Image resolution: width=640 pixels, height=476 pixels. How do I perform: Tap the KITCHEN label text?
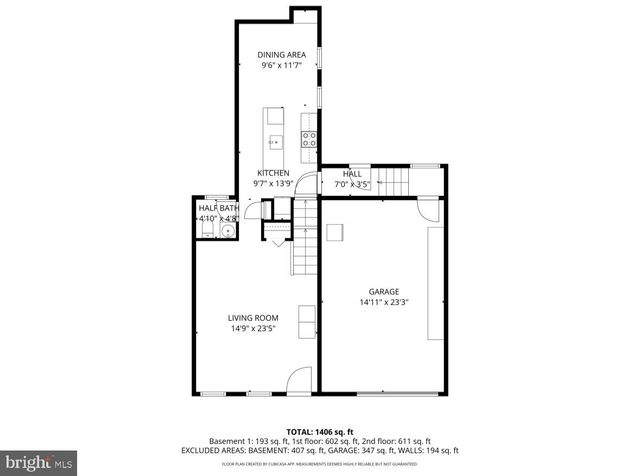click(272, 172)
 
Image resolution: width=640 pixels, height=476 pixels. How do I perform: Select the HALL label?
click(352, 173)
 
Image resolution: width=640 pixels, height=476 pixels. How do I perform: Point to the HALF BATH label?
click(216, 207)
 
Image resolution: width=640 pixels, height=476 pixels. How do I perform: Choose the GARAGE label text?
click(383, 291)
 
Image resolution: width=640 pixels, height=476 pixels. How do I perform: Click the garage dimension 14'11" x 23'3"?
click(383, 302)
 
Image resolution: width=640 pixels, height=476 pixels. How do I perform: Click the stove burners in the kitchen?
click(310, 139)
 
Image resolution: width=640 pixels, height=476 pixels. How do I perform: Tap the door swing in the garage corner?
click(429, 210)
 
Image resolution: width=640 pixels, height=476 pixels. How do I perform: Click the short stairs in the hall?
click(398, 183)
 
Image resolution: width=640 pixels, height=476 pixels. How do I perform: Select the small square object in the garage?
click(334, 232)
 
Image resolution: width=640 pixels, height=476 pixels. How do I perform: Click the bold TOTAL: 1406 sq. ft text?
click(319, 429)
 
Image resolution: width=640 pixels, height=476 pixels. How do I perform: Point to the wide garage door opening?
click(383, 393)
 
